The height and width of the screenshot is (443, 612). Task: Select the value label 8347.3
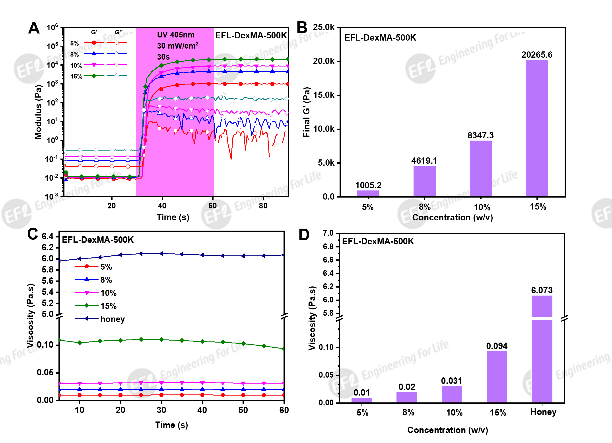coord(481,135)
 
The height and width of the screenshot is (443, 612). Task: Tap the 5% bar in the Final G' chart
coord(368,193)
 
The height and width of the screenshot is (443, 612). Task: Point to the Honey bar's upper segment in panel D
coord(542,306)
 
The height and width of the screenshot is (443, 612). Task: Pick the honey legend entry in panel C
coord(112,319)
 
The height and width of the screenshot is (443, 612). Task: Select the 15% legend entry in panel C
coord(108,306)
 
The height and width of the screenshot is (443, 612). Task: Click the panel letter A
coord(34,28)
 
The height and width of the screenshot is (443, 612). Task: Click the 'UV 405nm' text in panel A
coord(176,35)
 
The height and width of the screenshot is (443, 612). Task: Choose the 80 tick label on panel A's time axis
coord(263,206)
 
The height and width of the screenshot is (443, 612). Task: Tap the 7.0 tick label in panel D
coord(328,233)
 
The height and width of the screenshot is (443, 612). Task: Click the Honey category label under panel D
coord(543,412)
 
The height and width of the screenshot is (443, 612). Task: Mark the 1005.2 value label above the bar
coord(368,185)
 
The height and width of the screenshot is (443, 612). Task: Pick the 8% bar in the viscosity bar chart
coord(407,397)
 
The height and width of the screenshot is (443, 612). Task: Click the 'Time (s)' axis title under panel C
coord(172,425)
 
